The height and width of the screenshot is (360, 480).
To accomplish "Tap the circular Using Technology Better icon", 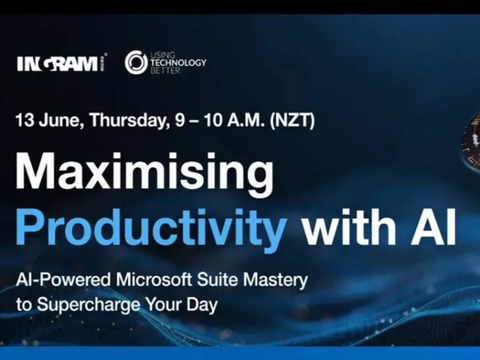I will pos(136,63).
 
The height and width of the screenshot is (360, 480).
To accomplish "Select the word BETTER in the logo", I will pos(165,70).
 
